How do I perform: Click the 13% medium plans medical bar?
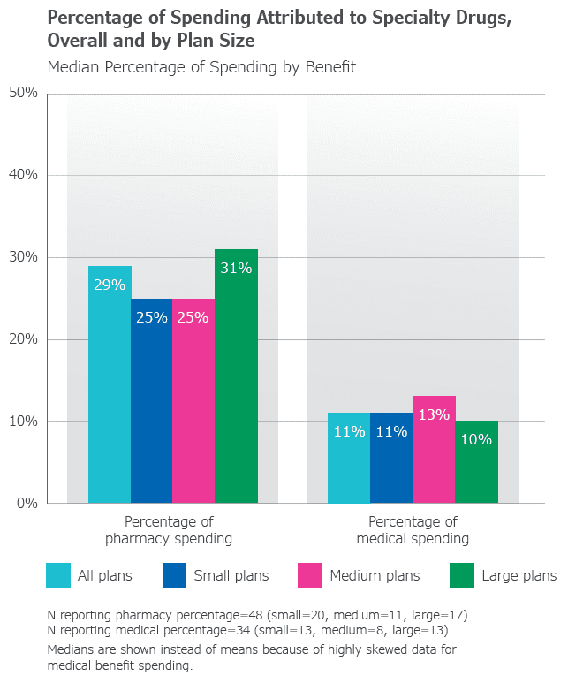pos(434,450)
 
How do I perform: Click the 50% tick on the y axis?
pos(24,93)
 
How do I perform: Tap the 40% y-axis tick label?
pos(24,175)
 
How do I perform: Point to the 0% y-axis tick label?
pos(27,504)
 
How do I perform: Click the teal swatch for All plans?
pos(58,575)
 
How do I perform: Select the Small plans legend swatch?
pos(175,575)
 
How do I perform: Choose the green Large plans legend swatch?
pos(462,575)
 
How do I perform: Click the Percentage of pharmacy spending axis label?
pos(169,529)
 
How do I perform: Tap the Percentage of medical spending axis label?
pos(413,529)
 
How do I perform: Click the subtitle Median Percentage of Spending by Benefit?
pos(201,67)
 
